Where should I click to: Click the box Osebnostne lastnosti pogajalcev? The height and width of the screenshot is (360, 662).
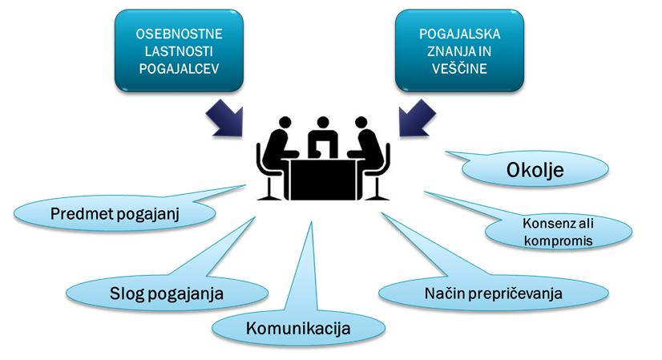point(179,50)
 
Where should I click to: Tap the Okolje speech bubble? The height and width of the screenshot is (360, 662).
point(535,170)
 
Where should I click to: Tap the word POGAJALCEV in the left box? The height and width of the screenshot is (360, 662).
point(179,67)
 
